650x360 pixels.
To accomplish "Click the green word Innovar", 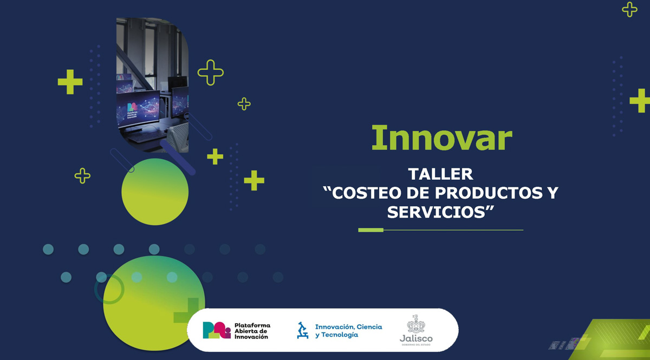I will click(x=441, y=138).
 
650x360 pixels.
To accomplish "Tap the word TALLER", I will click(x=440, y=174).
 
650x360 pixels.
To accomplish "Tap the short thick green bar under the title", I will click(x=370, y=230).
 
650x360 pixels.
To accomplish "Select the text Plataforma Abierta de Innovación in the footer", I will click(x=252, y=330).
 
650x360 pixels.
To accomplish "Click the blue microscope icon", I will click(x=302, y=330).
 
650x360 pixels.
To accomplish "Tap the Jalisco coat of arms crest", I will click(x=416, y=324).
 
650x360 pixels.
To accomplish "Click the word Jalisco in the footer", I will click(x=416, y=338).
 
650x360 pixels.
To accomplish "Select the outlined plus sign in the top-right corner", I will click(x=629, y=9).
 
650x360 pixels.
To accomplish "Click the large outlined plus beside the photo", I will click(x=211, y=73).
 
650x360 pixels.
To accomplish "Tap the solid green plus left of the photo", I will click(x=70, y=82).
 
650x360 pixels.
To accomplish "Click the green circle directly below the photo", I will click(x=155, y=192).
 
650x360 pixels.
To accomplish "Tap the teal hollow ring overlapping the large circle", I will click(x=109, y=289).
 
